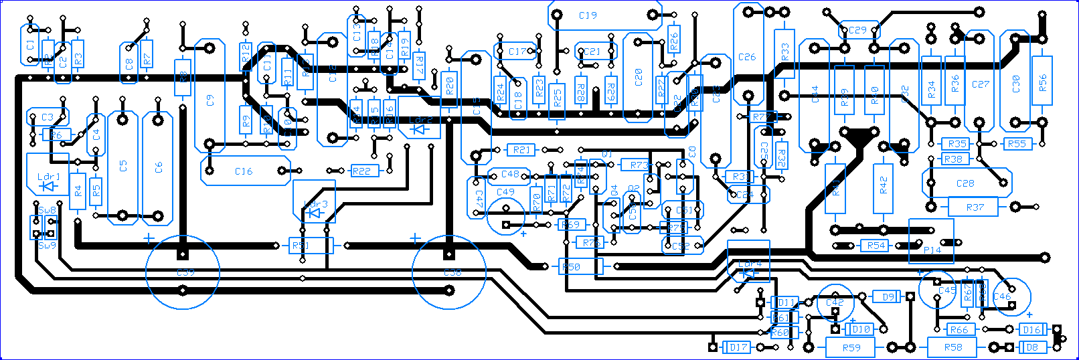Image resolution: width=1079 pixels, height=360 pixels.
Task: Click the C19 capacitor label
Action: tap(588, 15)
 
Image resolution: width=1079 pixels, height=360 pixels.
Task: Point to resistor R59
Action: tap(851, 347)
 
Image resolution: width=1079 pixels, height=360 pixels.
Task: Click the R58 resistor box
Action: tap(952, 347)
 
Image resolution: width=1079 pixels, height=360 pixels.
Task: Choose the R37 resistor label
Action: tap(975, 207)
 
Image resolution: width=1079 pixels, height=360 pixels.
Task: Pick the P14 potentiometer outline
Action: tap(931, 241)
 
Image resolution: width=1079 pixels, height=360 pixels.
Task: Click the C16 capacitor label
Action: tap(244, 171)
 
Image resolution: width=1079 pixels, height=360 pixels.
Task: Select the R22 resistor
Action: tap(361, 171)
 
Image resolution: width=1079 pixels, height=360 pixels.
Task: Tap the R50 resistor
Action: tap(571, 267)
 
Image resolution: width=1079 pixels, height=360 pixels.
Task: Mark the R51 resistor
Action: tap(301, 246)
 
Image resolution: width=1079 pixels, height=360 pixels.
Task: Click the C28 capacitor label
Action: tap(965, 183)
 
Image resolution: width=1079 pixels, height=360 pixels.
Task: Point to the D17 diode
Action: tap(738, 347)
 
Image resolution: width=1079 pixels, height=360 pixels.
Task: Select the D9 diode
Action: tap(888, 297)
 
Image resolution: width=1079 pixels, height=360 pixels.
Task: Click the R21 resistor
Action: tap(522, 150)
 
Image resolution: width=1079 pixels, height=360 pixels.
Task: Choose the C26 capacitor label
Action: tap(747, 57)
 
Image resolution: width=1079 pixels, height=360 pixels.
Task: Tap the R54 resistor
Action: tap(876, 246)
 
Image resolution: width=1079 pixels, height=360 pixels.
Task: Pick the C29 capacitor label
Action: tap(857, 30)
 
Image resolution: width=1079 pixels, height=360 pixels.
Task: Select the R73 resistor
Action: tap(639, 165)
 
